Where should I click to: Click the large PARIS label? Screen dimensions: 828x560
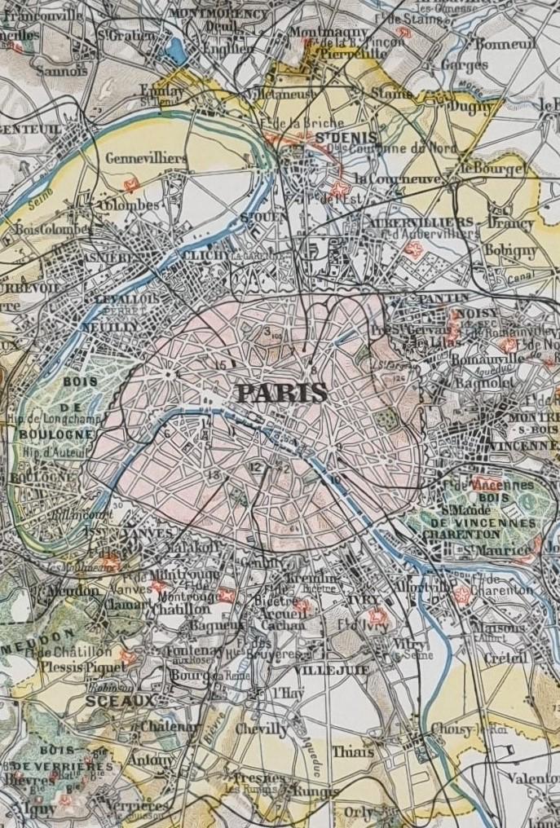[x=282, y=393]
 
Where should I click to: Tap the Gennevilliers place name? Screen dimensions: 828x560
[x=134, y=157]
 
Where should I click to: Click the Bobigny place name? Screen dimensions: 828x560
[x=511, y=250]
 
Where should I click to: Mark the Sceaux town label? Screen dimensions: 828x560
[x=120, y=700]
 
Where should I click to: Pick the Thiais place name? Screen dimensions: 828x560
[x=353, y=751]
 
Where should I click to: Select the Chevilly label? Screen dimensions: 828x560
[x=262, y=729]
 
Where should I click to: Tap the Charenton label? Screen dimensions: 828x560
[x=461, y=534]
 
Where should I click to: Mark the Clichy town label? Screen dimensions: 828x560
[x=202, y=255]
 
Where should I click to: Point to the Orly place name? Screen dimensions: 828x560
[x=359, y=812]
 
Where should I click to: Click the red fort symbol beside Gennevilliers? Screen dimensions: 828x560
[x=129, y=185]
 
